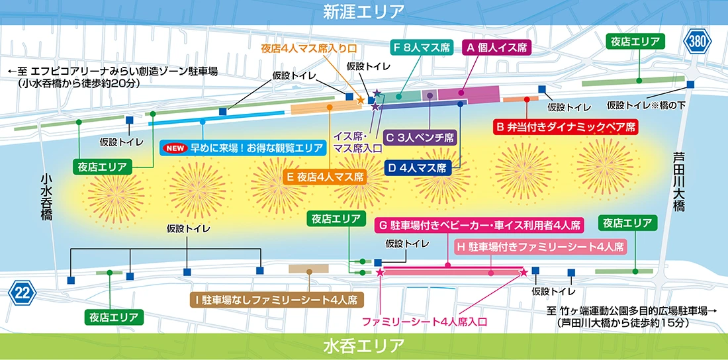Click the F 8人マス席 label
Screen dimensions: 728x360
point(422,47)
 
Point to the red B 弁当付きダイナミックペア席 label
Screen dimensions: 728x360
point(565,126)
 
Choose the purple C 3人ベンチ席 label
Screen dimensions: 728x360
point(420,138)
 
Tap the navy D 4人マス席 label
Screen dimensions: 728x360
point(418,167)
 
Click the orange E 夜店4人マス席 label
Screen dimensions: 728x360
point(325,177)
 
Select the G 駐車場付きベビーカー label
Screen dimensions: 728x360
point(480,226)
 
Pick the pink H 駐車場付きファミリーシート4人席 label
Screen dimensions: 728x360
point(540,247)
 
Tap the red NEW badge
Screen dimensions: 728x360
point(175,149)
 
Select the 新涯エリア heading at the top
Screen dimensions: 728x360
point(364,12)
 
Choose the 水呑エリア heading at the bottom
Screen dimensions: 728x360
point(364,345)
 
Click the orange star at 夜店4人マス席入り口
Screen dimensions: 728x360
point(360,100)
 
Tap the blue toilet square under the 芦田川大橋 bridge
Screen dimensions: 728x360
point(691,84)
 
